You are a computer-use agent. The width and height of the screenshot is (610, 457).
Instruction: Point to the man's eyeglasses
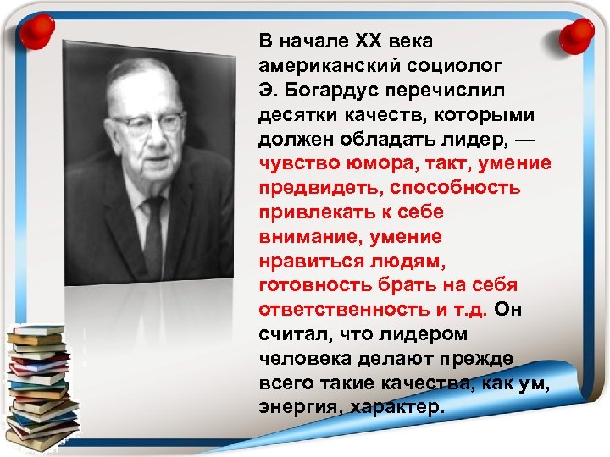click(x=147, y=124)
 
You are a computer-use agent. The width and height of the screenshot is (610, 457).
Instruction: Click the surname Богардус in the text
click(x=330, y=90)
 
